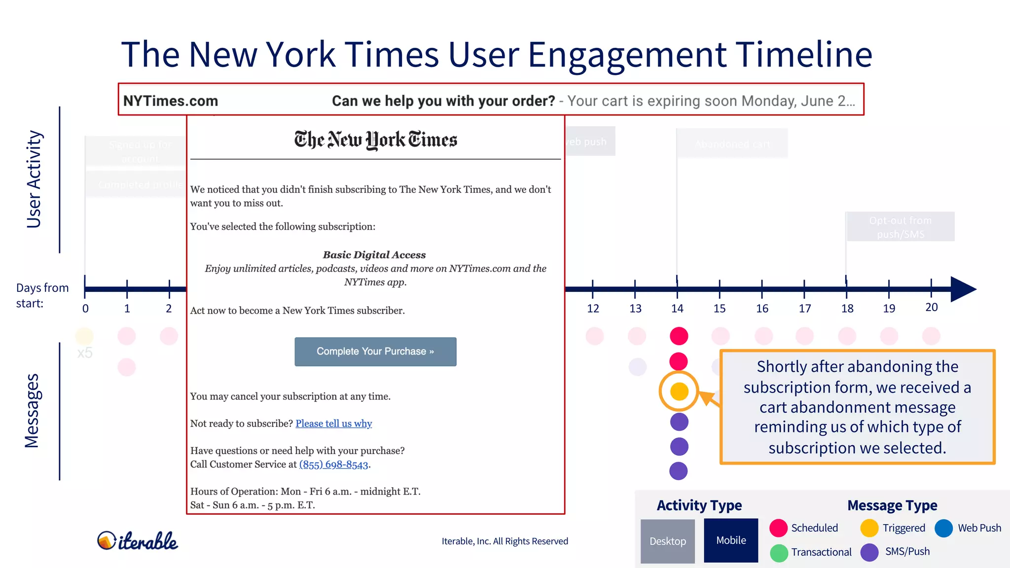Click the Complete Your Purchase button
pyautogui.click(x=375, y=352)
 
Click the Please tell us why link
pyautogui.click(x=333, y=424)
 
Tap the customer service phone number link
pyautogui.click(x=333, y=464)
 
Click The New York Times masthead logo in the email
pyautogui.click(x=375, y=140)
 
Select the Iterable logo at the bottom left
pyautogui.click(x=138, y=541)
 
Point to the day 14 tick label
pyautogui.click(x=677, y=309)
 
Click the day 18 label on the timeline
pyautogui.click(x=847, y=309)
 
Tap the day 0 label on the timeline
pyautogui.click(x=85, y=309)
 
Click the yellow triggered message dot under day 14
pyautogui.click(x=679, y=391)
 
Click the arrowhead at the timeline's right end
pyautogui.click(x=963, y=289)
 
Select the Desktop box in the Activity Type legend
pyautogui.click(x=667, y=541)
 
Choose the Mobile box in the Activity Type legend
pyautogui.click(x=730, y=540)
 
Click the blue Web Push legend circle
pyautogui.click(x=943, y=528)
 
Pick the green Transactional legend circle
pyautogui.click(x=779, y=552)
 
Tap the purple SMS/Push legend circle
pyautogui.click(x=869, y=552)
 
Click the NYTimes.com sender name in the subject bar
pyautogui.click(x=171, y=101)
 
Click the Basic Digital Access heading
pyautogui.click(x=374, y=255)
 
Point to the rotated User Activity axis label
pyautogui.click(x=34, y=179)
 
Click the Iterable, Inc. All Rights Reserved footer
pyautogui.click(x=505, y=541)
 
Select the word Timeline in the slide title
pyautogui.click(x=804, y=54)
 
